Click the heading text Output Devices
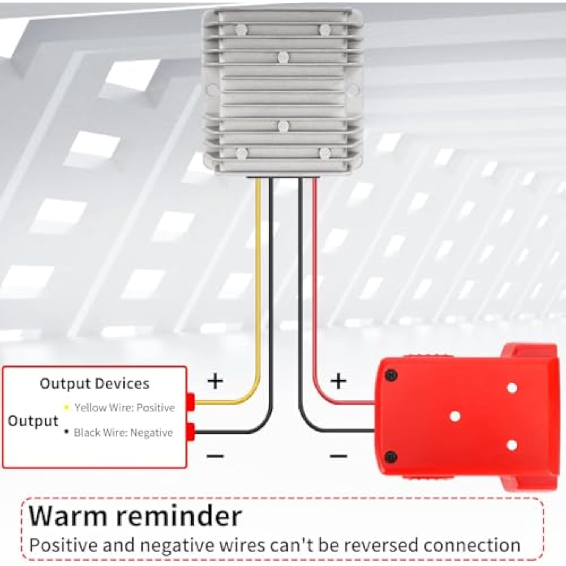(94, 383)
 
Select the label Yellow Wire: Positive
(125, 408)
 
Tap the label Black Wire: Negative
(123, 432)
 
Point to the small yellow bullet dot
(67, 407)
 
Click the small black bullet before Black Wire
(67, 432)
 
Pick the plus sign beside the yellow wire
(215, 381)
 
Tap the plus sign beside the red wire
(338, 381)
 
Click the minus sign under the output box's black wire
(215, 456)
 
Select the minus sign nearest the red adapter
(338, 456)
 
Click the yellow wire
(258, 283)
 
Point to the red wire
(314, 283)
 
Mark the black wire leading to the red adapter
(301, 283)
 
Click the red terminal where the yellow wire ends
(191, 402)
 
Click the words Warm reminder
(135, 515)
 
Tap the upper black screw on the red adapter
(391, 375)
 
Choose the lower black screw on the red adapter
(391, 457)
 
